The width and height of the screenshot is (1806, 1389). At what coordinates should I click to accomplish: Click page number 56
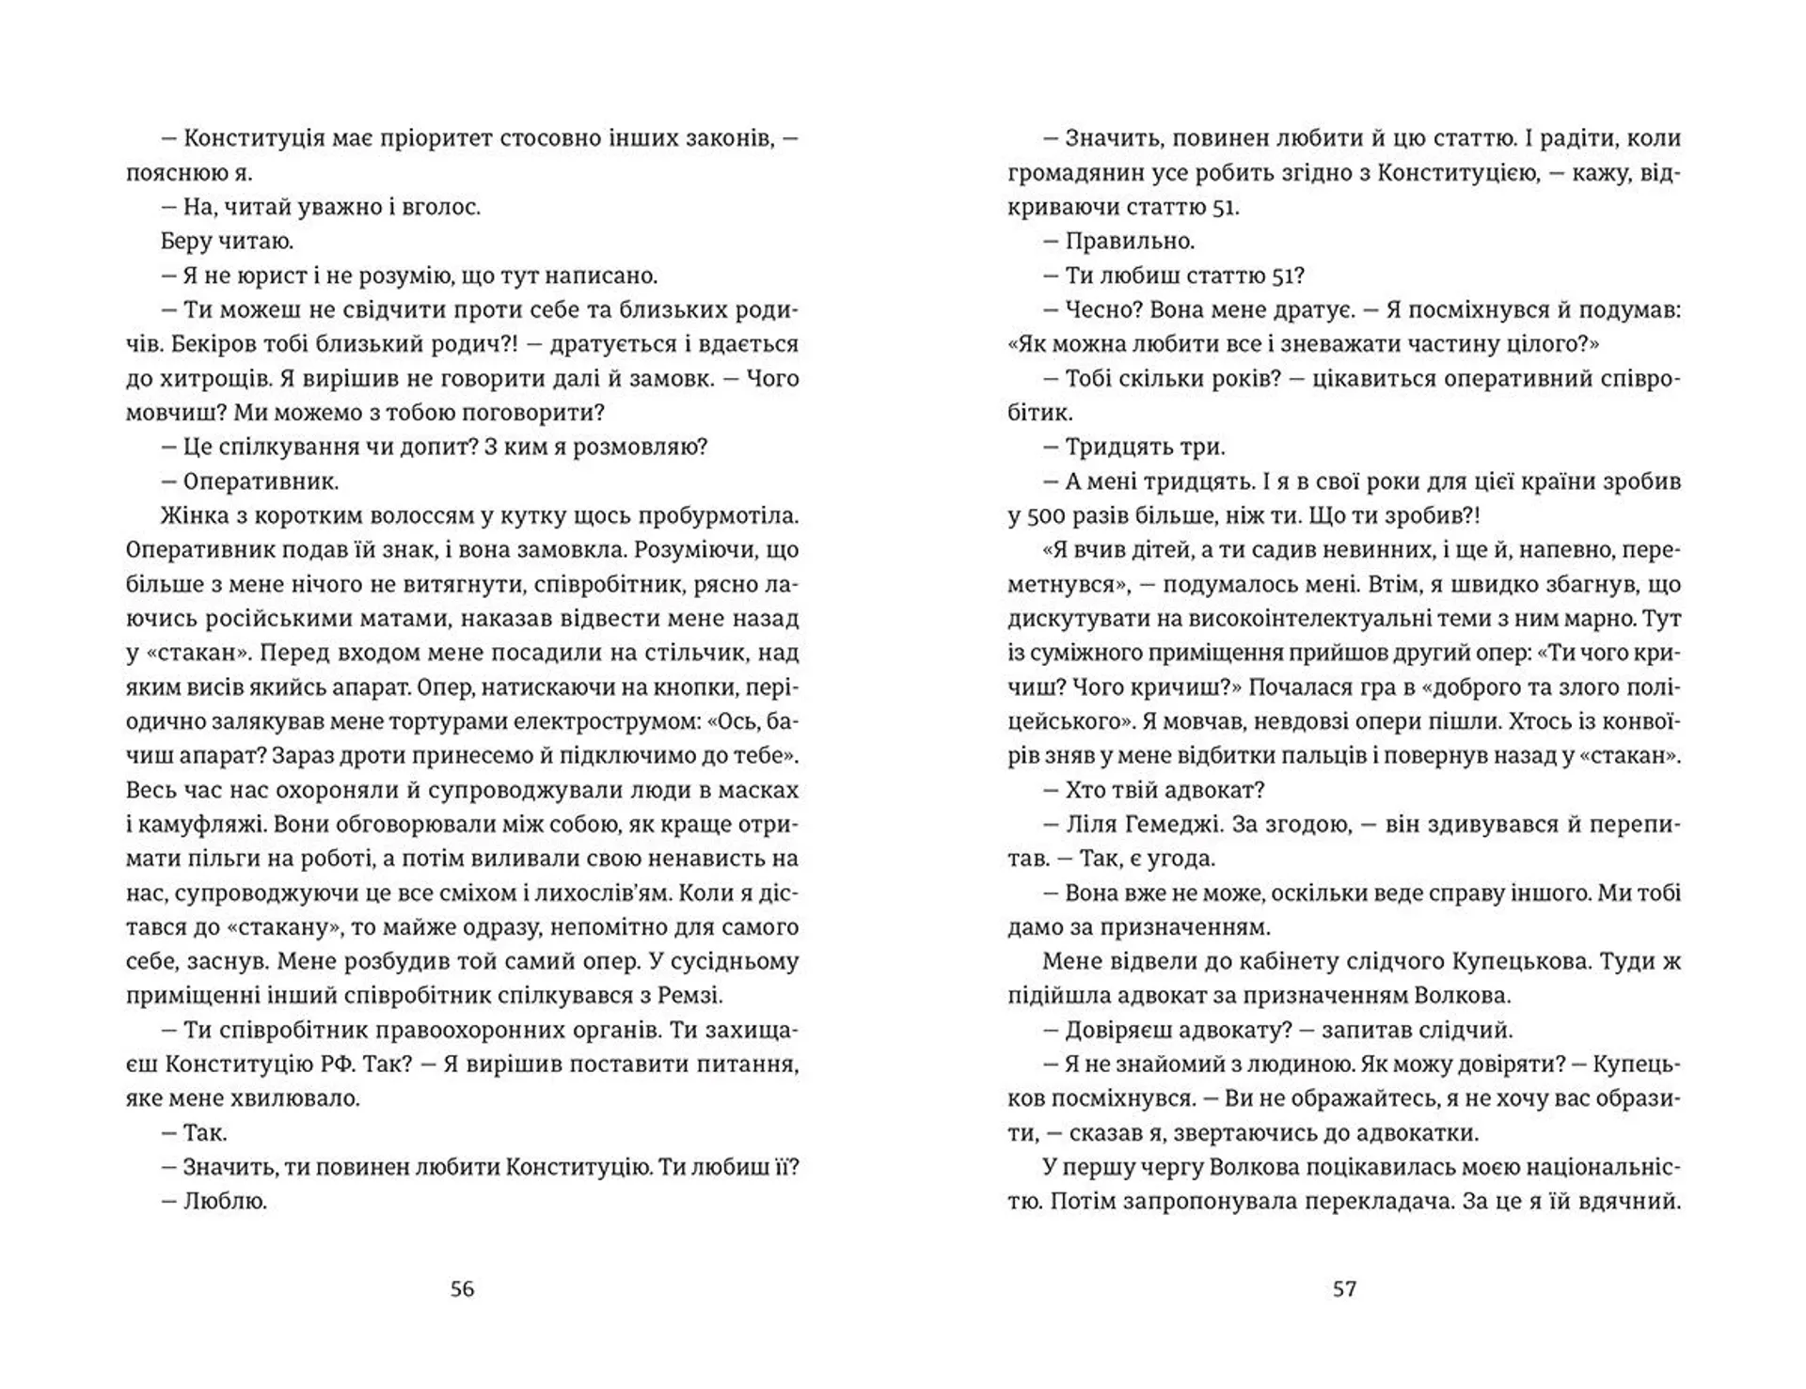[462, 1288]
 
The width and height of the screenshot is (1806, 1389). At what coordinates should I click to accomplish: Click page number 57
[1344, 1288]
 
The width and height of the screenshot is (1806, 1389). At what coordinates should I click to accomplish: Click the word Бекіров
[214, 344]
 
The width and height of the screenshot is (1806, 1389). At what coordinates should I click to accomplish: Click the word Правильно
[1129, 242]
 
